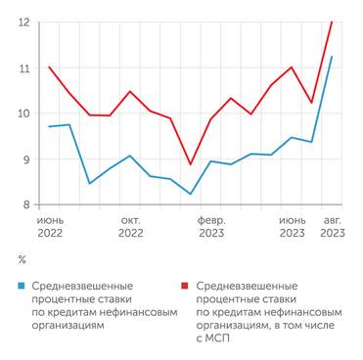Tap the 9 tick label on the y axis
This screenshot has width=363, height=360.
[24, 158]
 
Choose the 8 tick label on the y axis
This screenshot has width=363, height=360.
[24, 204]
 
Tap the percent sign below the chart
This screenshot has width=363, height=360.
[23, 259]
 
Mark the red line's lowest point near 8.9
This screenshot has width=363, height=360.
[191, 164]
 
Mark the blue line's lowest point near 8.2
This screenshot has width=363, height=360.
[191, 194]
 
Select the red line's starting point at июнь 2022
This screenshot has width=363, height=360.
[49, 67]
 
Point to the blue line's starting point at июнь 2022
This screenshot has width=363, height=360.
[49, 126]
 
